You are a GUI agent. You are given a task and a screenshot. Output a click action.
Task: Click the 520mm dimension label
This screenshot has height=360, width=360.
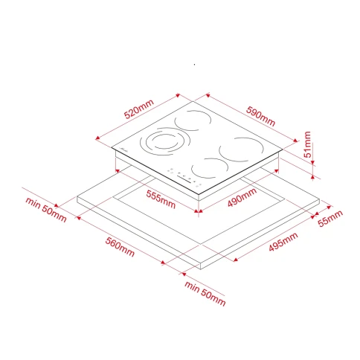(x=139, y=109)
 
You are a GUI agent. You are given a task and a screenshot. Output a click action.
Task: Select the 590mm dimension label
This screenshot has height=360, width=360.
(x=260, y=116)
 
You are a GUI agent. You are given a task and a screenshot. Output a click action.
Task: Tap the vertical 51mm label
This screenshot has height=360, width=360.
(x=307, y=144)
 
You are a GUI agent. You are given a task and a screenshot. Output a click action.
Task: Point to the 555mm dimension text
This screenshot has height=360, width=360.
(x=161, y=199)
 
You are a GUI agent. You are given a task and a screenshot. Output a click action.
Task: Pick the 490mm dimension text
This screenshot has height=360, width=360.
(x=242, y=197)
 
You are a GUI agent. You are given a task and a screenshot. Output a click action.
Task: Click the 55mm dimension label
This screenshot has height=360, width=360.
(x=330, y=218)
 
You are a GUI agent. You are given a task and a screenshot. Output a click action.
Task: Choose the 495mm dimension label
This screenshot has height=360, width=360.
(x=283, y=242)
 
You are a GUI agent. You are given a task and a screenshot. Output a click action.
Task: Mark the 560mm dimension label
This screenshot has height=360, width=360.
(x=120, y=247)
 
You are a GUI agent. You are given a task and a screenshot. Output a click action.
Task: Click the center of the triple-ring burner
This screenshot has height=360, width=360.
(x=164, y=141)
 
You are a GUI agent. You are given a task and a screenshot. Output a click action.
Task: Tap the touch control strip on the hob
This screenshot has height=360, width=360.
(x=184, y=177)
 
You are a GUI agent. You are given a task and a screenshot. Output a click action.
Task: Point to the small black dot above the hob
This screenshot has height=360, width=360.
(x=195, y=65)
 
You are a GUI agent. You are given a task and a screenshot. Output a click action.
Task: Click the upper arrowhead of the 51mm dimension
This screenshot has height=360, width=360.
(x=312, y=162)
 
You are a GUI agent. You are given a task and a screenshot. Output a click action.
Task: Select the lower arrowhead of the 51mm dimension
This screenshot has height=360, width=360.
(x=312, y=177)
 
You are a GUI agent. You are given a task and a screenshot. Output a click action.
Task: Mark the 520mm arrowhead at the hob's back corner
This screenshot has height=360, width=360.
(x=178, y=95)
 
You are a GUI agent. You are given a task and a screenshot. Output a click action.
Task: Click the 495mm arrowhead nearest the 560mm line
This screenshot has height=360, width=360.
(x=236, y=260)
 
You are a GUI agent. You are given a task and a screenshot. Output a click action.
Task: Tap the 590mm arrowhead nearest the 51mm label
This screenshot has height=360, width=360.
(x=295, y=141)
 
